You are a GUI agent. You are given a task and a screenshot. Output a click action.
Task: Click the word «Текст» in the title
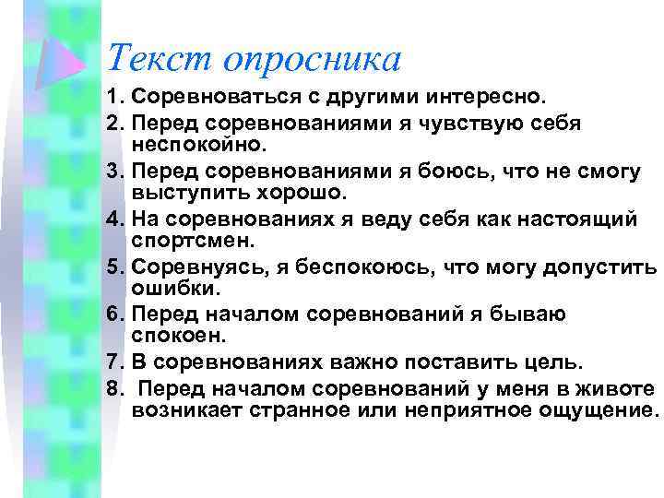[158, 59]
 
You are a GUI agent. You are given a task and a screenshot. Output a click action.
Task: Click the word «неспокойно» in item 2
[197, 146]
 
